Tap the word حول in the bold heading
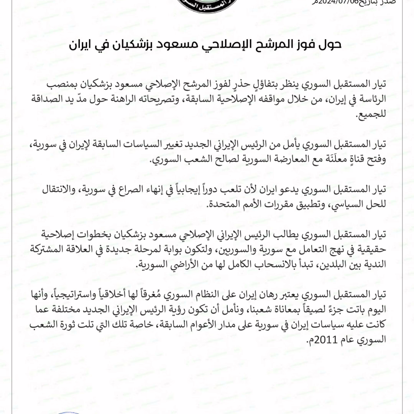[x=329, y=45]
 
